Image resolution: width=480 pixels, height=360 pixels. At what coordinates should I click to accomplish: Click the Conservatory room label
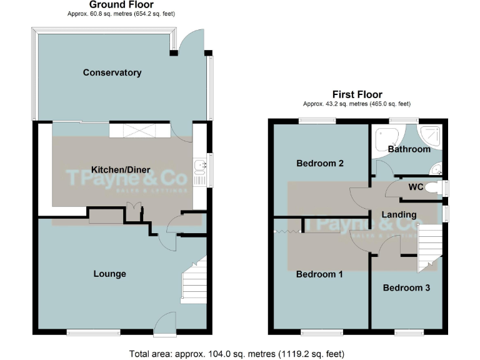coord(112,72)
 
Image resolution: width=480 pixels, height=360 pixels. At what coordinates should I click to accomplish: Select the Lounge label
coord(109,274)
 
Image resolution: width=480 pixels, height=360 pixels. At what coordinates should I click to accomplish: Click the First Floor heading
coord(356,95)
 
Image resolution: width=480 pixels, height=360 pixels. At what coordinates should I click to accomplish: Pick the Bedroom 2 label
coord(320,163)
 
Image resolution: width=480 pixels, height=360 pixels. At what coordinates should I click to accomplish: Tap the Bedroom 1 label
coord(319,274)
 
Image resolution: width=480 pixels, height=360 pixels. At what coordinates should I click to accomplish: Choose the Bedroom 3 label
coord(406,288)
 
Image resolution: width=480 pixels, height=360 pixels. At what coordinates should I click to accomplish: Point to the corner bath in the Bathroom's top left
coord(382,137)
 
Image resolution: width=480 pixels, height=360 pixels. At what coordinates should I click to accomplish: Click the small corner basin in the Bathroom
coord(437,167)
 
